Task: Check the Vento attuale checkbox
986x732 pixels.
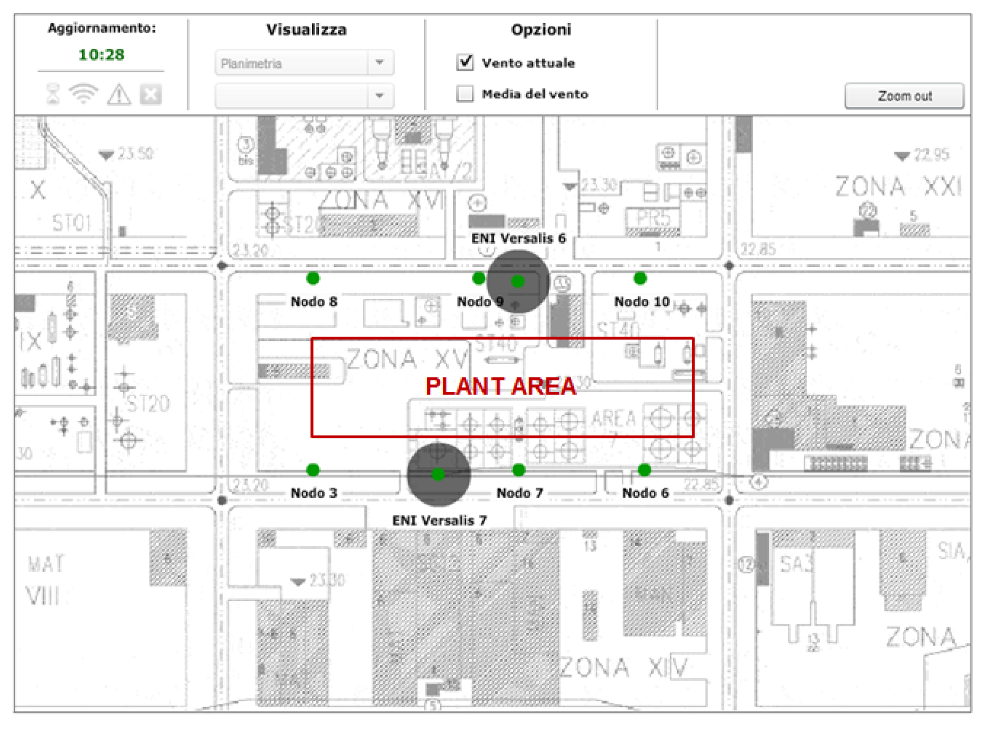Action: [464, 63]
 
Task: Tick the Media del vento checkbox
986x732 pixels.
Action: [464, 93]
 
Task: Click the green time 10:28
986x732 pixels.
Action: [101, 54]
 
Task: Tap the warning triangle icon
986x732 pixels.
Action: [119, 94]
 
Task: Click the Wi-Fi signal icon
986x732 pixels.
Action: [83, 94]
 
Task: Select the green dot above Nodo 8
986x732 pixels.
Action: [313, 278]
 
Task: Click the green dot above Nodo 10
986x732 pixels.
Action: [640, 278]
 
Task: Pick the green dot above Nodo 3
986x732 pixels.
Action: [313, 470]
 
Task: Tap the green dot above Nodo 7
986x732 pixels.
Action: [519, 470]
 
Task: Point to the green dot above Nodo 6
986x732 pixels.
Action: [644, 470]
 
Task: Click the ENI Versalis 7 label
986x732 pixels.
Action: [439, 520]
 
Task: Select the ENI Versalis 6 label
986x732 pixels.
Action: [518, 238]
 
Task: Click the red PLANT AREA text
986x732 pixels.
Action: [500, 387]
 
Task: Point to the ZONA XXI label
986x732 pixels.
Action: [898, 187]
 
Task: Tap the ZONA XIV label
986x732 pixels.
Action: [623, 667]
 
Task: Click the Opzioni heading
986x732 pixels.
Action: [541, 30]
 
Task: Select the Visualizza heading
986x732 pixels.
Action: [306, 30]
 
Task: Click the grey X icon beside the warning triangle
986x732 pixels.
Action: [151, 94]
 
